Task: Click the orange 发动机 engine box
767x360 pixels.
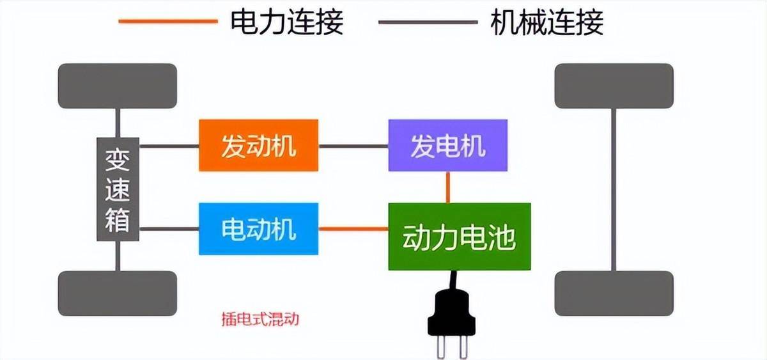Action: [258, 145]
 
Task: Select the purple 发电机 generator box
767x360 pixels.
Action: [448, 145]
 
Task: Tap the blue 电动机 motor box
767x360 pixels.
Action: [258, 229]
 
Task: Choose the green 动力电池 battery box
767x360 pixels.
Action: [460, 237]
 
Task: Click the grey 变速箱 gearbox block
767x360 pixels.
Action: [118, 189]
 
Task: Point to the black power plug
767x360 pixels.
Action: [452, 315]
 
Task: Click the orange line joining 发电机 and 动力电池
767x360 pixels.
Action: [448, 187]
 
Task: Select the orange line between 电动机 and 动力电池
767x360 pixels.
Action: [353, 229]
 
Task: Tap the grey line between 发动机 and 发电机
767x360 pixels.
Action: [353, 146]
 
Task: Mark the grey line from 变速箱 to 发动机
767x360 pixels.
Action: [169, 146]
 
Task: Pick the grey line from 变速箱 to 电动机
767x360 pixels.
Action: [169, 229]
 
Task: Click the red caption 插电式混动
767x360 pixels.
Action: [260, 319]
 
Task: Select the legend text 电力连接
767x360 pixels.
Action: [287, 22]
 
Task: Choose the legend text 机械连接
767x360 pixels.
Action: [547, 22]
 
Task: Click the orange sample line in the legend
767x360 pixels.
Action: [168, 21]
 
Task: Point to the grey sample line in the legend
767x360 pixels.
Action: [428, 22]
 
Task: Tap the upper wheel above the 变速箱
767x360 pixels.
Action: [118, 86]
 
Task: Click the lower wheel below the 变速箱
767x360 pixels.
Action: [118, 293]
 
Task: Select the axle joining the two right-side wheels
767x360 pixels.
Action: [614, 190]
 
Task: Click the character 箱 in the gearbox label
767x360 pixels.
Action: [118, 220]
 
